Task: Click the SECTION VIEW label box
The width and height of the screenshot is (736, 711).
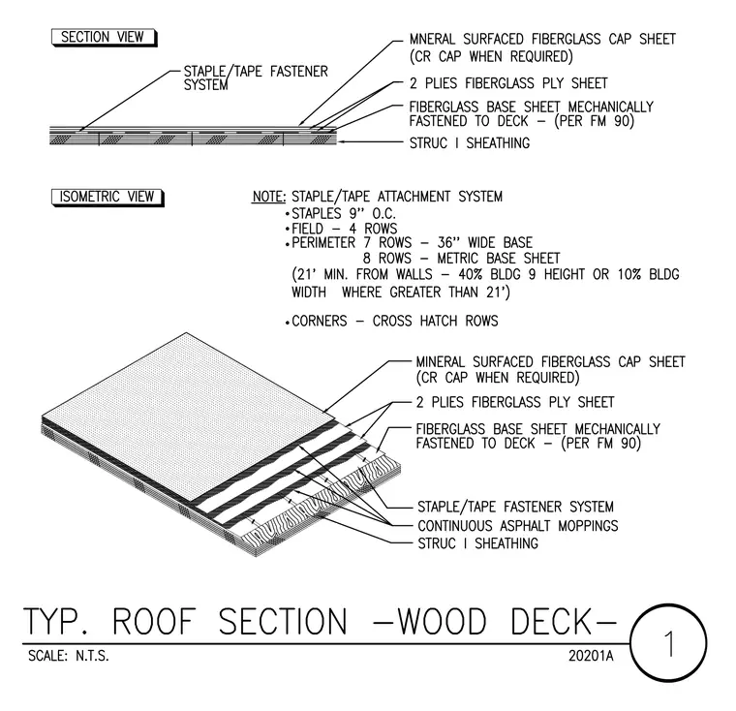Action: tap(104, 38)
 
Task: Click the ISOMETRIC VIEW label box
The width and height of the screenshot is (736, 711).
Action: tap(107, 198)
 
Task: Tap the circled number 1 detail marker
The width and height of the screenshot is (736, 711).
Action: tap(668, 643)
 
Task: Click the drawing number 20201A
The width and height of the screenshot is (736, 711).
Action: tap(591, 656)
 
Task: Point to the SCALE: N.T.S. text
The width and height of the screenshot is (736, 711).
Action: tap(69, 656)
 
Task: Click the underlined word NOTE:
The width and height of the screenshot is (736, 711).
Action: tap(269, 197)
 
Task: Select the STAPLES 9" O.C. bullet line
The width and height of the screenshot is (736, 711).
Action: tap(340, 214)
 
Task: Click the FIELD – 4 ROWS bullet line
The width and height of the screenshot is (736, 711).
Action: tap(341, 229)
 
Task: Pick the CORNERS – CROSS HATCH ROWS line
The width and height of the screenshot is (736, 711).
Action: tap(391, 322)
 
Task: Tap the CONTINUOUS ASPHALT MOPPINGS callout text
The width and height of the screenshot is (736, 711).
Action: tap(518, 526)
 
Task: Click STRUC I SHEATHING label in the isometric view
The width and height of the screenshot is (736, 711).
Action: tap(477, 543)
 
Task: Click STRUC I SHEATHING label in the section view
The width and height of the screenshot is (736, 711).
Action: tap(470, 142)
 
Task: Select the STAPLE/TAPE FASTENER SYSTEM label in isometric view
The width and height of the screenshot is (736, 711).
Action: tap(515, 507)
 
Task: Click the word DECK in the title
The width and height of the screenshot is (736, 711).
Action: tap(551, 622)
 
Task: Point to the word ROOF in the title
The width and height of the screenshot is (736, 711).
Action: tap(154, 622)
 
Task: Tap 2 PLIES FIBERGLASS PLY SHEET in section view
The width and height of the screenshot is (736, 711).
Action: tap(508, 83)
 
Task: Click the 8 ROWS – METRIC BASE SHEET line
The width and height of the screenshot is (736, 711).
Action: tap(461, 259)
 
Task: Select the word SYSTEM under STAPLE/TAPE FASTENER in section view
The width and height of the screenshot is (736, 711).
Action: tap(205, 85)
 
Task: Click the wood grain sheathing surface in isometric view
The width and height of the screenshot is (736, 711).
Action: tap(323, 505)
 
